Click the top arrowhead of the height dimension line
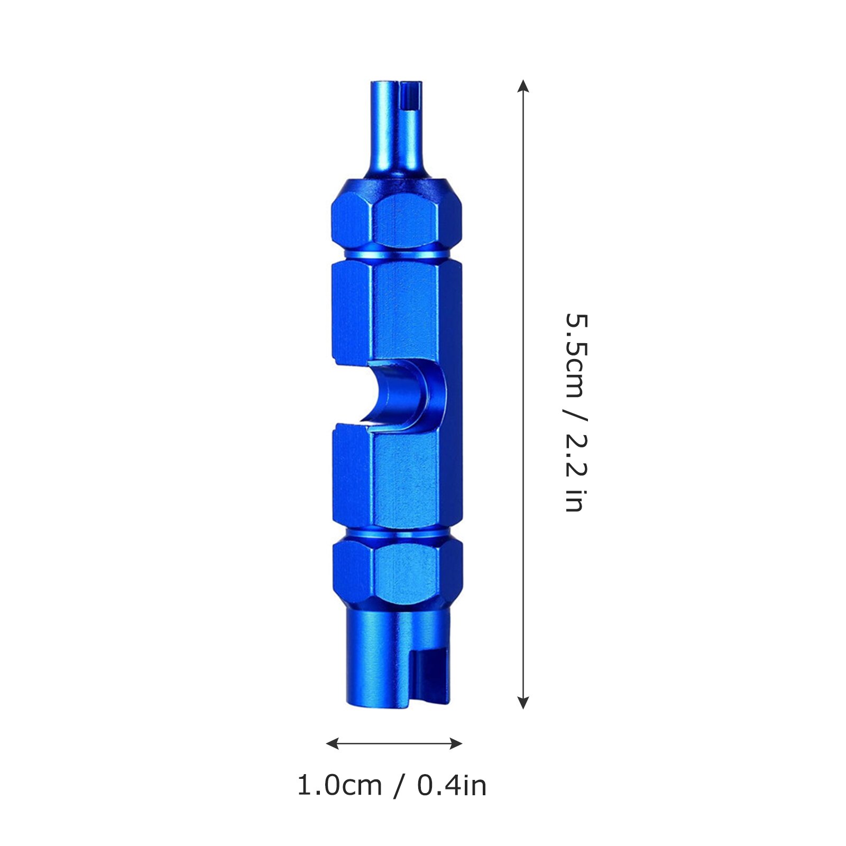[x=523, y=86]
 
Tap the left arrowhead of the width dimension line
[x=332, y=744]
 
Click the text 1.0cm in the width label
[x=339, y=785]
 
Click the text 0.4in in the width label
[x=452, y=785]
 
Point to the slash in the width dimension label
[x=399, y=785]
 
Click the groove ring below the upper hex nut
[x=397, y=256]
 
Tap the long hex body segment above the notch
[x=397, y=312]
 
